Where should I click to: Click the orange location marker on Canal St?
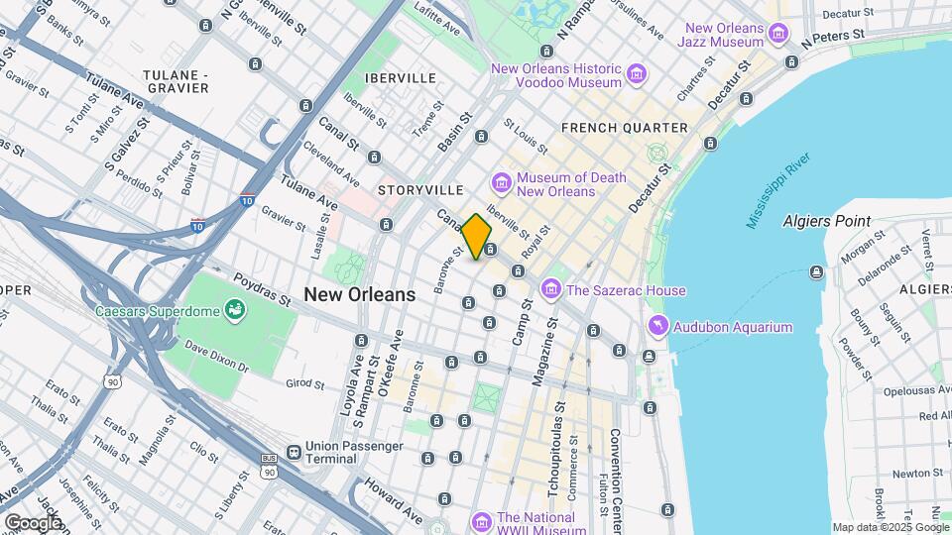(476, 237)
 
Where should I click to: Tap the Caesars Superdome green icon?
(236, 311)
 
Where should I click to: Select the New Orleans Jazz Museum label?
(721, 35)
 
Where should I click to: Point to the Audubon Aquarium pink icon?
(657, 327)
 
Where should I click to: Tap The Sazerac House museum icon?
(550, 289)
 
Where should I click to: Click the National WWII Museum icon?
(482, 521)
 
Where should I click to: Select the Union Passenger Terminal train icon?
(294, 452)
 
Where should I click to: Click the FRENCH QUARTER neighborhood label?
(624, 128)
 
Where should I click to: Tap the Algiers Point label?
(826, 221)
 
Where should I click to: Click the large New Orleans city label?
(359, 294)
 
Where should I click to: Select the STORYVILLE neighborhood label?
(420, 189)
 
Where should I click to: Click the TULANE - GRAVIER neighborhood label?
(176, 81)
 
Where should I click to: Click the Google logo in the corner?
(32, 522)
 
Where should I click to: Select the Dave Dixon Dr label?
(215, 356)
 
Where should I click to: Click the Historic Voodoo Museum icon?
(636, 74)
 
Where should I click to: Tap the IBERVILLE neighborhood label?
(400, 77)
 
